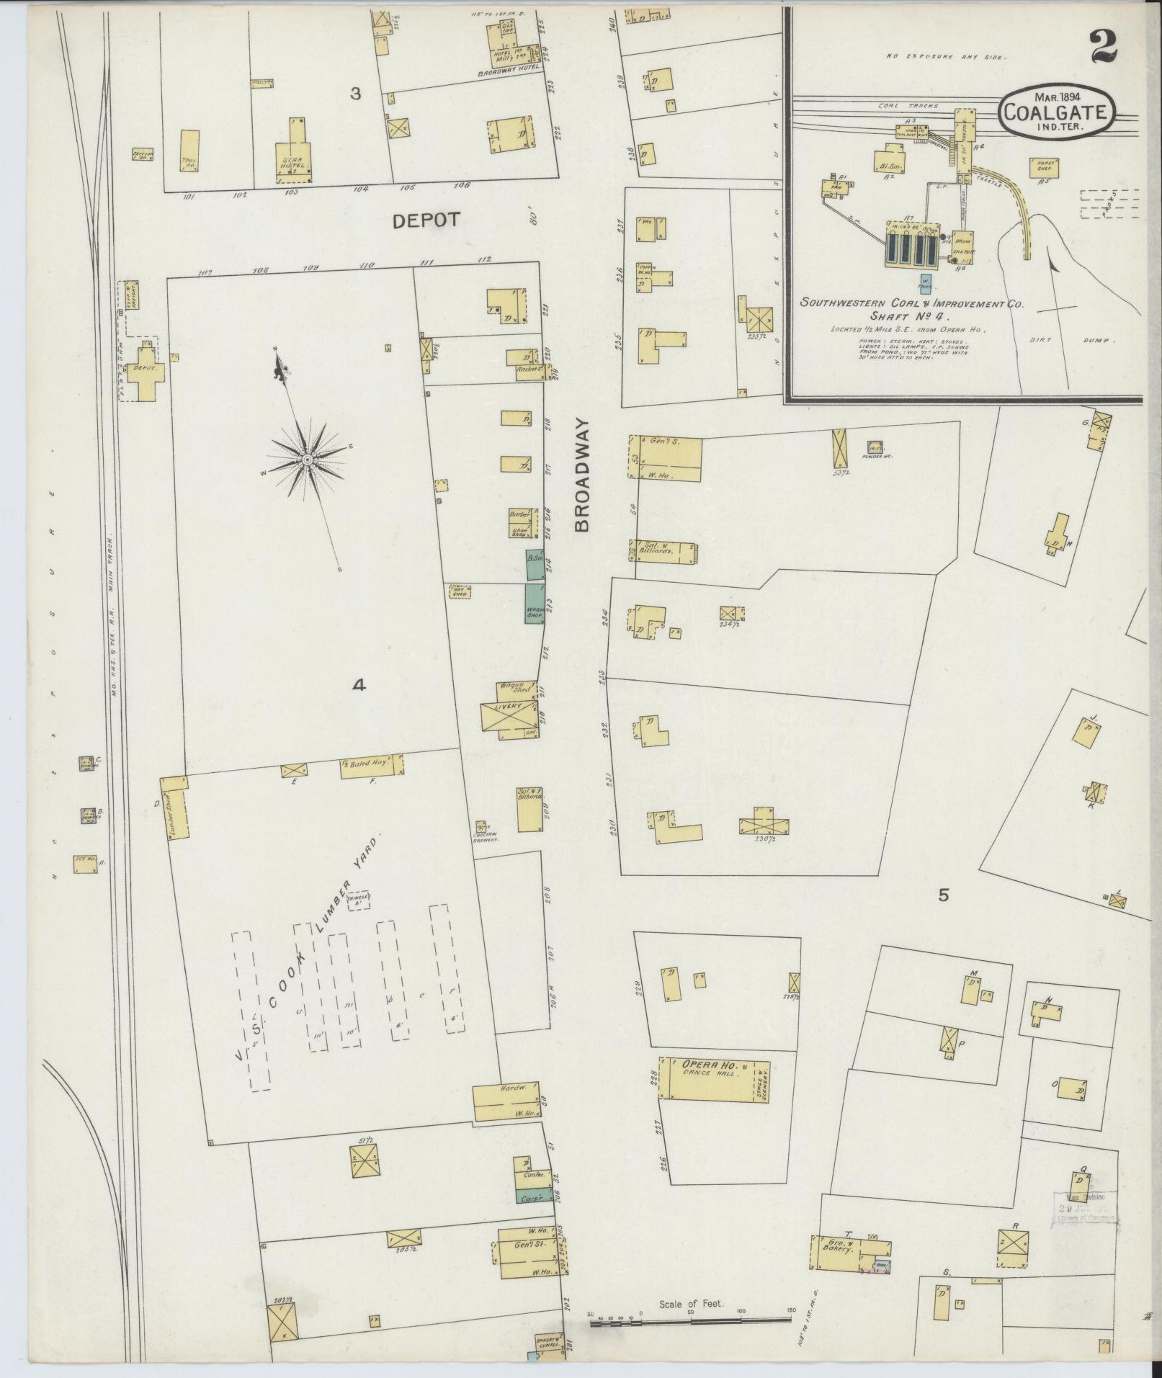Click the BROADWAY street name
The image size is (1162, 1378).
point(582,475)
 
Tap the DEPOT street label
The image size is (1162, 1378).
point(426,220)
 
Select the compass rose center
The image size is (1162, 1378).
point(308,459)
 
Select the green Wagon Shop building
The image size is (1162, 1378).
point(535,604)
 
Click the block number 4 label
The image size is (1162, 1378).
point(359,686)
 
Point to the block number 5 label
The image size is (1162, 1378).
point(944,895)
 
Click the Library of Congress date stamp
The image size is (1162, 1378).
point(1083,1207)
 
